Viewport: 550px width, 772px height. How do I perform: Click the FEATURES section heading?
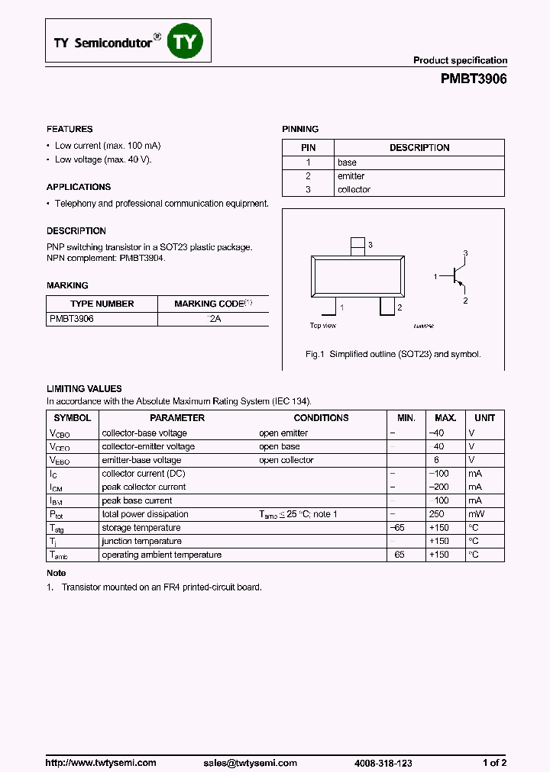(x=70, y=130)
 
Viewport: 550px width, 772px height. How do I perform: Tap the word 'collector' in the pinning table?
(x=354, y=190)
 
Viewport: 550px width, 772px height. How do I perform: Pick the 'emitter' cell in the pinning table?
(x=351, y=176)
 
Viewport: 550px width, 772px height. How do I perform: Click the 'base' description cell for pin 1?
(x=347, y=162)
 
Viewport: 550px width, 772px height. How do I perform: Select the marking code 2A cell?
(x=214, y=319)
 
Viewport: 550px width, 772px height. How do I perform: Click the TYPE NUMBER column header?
(x=102, y=304)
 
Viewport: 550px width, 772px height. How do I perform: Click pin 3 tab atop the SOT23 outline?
(x=357, y=246)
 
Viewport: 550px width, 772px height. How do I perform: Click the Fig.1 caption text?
(x=393, y=355)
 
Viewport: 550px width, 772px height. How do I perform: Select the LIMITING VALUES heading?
(x=84, y=389)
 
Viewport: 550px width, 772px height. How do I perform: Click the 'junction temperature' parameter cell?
(x=141, y=541)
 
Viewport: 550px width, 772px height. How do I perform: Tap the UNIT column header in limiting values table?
(x=484, y=418)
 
